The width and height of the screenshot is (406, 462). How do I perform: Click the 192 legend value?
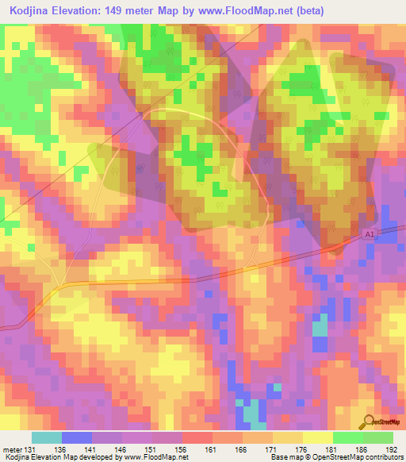click(x=392, y=449)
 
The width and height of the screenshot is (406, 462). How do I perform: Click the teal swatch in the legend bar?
click(x=47, y=437)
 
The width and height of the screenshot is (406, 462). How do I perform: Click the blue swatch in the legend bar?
click(x=77, y=437)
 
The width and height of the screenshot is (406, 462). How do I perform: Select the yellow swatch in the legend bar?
click(x=317, y=437)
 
